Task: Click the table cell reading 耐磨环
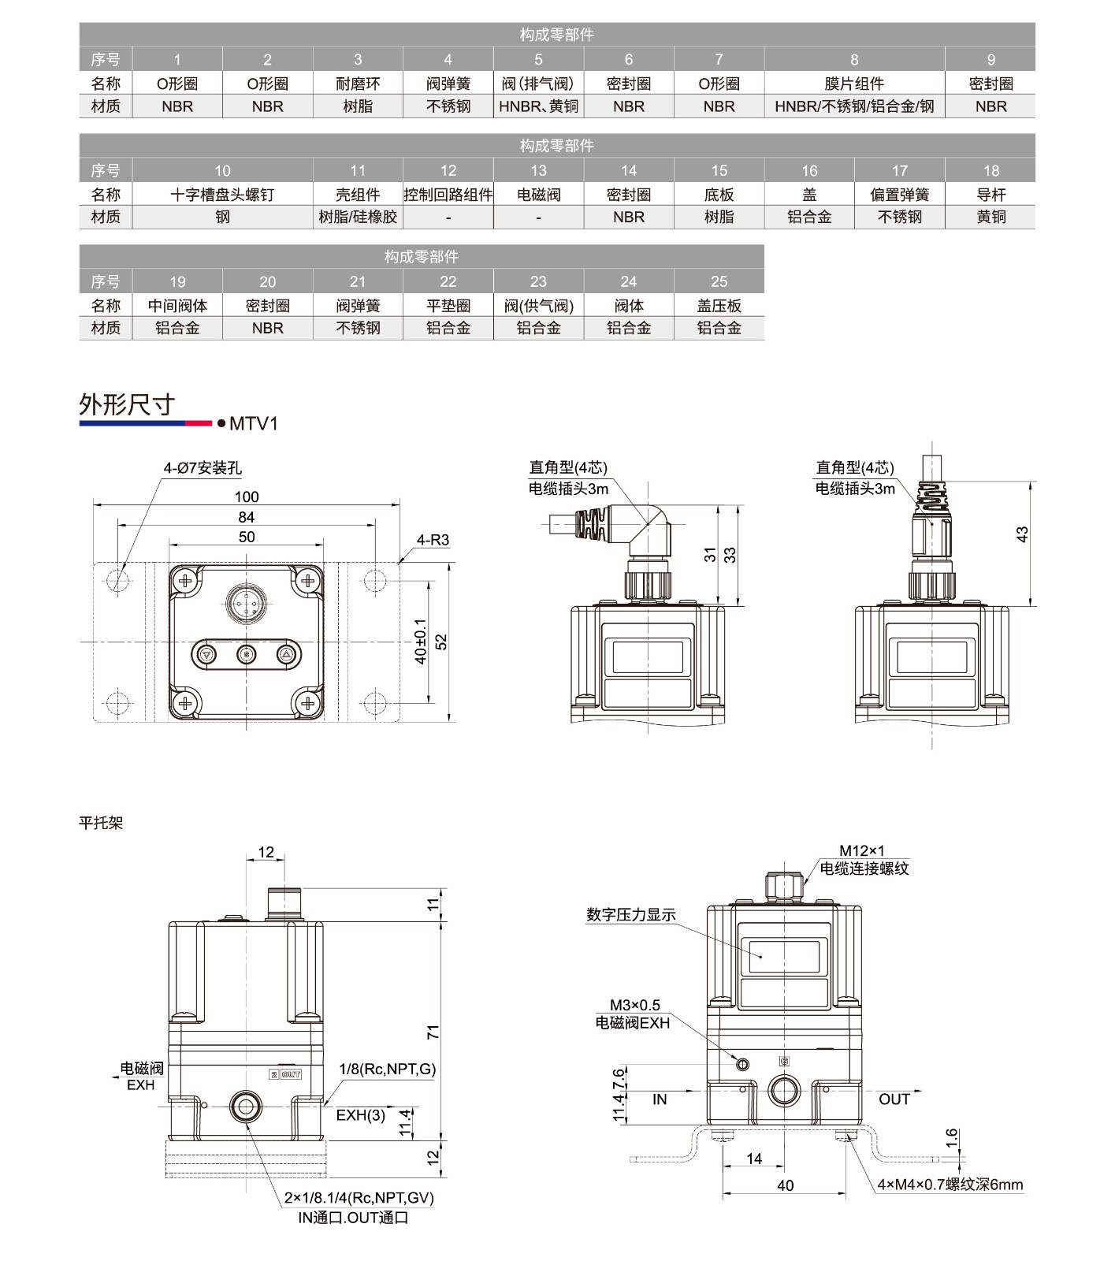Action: click(358, 84)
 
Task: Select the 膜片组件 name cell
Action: click(854, 84)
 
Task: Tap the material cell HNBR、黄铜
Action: click(538, 106)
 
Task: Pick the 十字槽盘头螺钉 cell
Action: click(222, 195)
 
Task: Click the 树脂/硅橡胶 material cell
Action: click(358, 217)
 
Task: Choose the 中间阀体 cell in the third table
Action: click(177, 306)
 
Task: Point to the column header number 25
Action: click(719, 281)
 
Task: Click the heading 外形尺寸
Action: click(126, 404)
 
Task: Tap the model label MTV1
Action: click(253, 424)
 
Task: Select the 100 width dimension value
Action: click(247, 497)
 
